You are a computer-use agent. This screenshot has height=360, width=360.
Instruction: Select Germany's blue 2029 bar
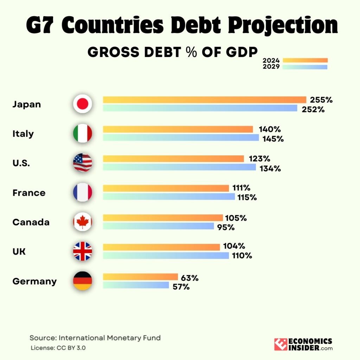click(136, 285)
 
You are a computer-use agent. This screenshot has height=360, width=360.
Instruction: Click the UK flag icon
click(82, 251)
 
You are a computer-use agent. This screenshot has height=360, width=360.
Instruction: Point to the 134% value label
click(270, 168)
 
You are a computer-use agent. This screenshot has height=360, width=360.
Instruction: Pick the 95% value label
click(226, 227)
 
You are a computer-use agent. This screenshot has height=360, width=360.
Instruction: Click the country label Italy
click(23, 134)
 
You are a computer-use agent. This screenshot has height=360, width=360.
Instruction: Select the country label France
click(29, 193)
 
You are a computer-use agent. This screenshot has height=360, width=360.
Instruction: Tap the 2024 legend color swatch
click(305, 60)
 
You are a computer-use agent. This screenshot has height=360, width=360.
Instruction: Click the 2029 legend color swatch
click(305, 67)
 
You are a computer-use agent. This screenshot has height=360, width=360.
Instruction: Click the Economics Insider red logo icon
click(281, 345)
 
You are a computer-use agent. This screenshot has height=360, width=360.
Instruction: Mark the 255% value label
click(321, 100)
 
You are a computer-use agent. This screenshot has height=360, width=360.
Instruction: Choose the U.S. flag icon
click(82, 163)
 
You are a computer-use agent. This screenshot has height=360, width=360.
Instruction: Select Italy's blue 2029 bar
click(181, 138)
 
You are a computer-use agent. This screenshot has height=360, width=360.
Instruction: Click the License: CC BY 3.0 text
click(58, 348)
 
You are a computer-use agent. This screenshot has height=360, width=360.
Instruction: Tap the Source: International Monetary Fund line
click(95, 338)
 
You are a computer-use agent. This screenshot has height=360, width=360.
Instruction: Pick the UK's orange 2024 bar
click(161, 247)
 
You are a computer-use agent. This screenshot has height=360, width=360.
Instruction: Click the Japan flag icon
click(82, 104)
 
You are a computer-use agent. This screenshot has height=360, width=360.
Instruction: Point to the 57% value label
click(181, 287)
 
